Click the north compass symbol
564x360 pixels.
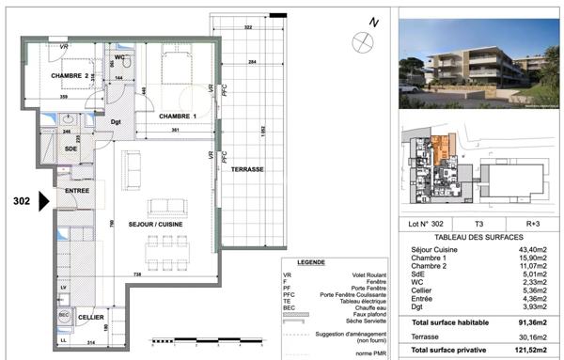[x=361, y=39]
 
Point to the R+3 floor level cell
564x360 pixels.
[x=532, y=225]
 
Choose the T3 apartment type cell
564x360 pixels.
[x=478, y=225]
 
